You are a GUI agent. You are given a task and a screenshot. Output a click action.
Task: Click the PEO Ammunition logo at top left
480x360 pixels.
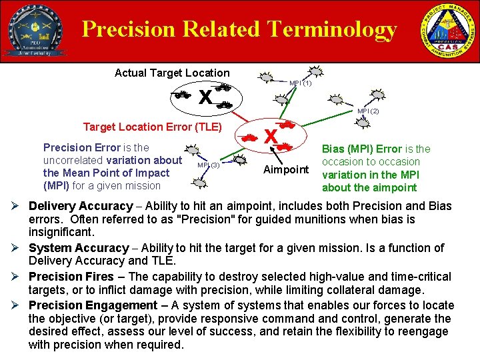pyautogui.click(x=35, y=31)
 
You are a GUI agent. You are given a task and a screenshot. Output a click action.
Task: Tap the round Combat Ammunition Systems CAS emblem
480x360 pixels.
pyautogui.click(x=447, y=31)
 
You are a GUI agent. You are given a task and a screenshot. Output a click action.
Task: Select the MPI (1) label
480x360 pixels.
pyautogui.click(x=300, y=83)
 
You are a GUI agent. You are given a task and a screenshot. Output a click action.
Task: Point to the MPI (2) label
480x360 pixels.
pyautogui.click(x=367, y=111)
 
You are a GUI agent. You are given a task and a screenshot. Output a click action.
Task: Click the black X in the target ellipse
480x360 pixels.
pyautogui.click(x=205, y=98)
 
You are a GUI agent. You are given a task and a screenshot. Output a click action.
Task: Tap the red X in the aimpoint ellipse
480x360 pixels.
pyautogui.click(x=271, y=137)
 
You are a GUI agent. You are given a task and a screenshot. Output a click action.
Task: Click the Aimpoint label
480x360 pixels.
pyautogui.click(x=286, y=169)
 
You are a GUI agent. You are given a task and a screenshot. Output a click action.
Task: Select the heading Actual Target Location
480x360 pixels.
pyautogui.click(x=172, y=73)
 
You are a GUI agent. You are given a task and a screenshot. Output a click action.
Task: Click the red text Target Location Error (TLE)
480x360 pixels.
pyautogui.click(x=152, y=127)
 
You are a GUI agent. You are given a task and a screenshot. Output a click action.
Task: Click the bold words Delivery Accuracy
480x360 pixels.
pyautogui.click(x=81, y=206)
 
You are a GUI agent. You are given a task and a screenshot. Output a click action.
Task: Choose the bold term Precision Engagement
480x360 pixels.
pyautogui.click(x=93, y=305)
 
